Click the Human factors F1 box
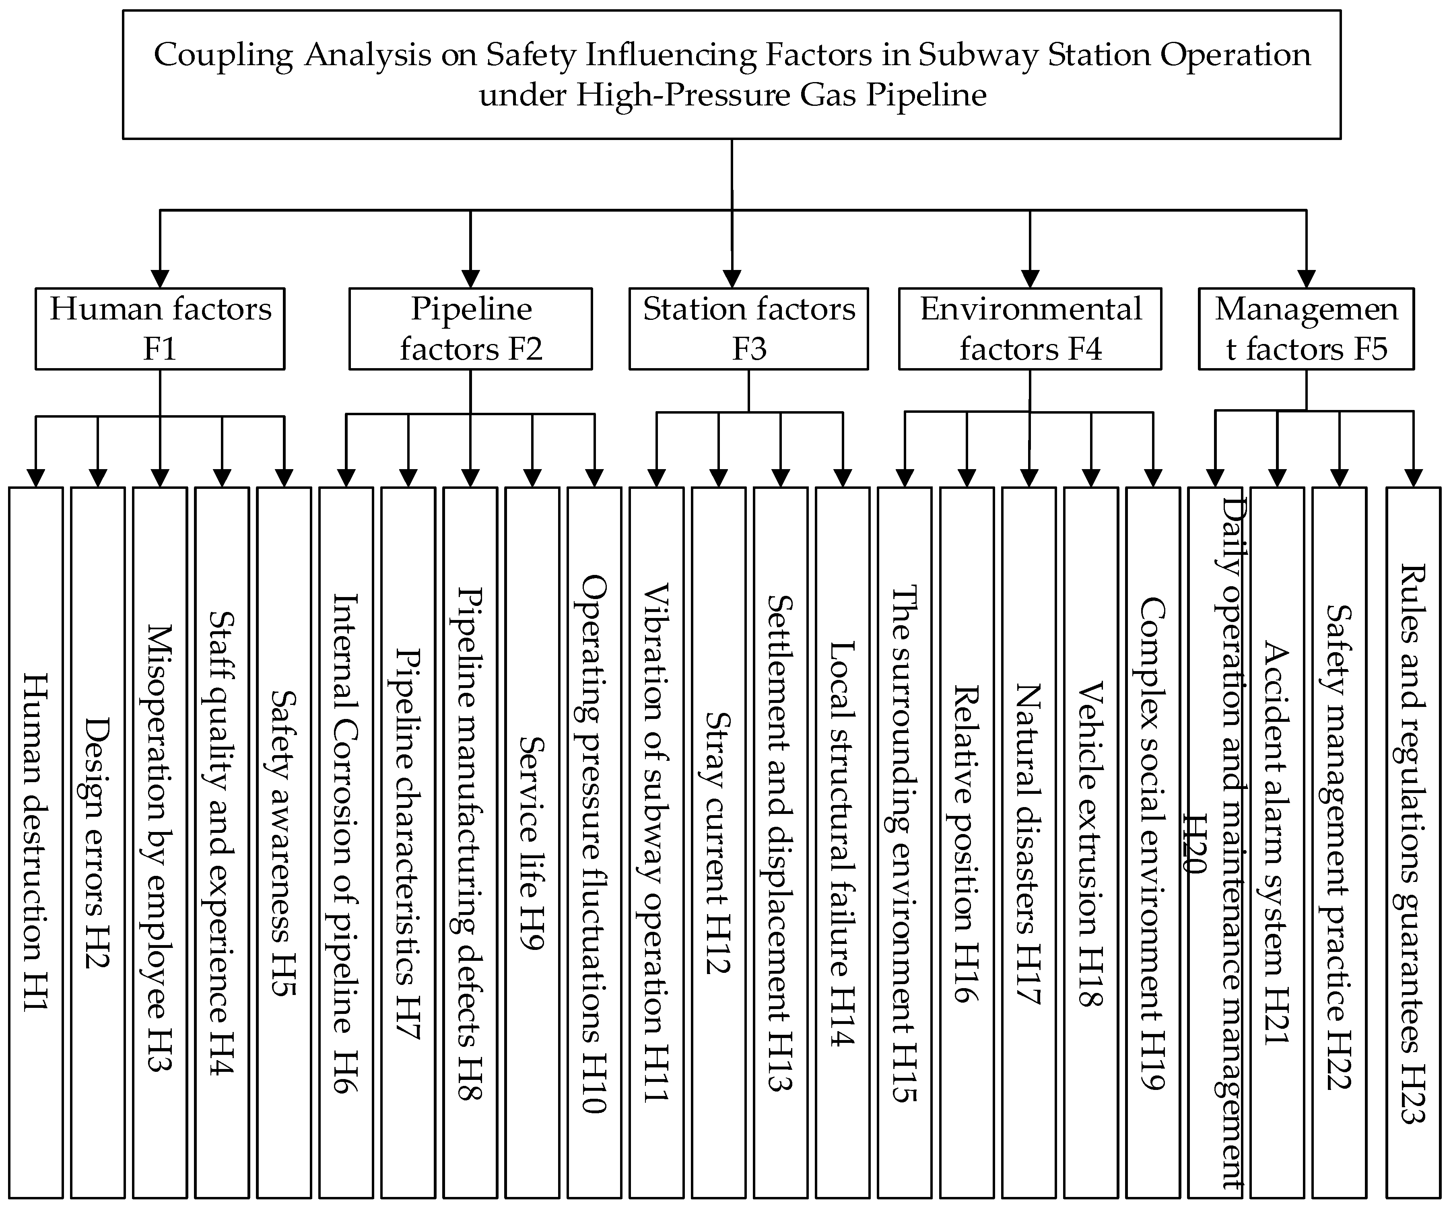(160, 329)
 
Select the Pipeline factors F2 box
(470, 329)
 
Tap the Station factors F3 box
(748, 329)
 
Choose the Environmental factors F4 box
(1030, 329)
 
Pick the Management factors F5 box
(1306, 329)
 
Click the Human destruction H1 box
(36, 843)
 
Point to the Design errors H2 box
(97, 843)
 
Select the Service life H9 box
(532, 843)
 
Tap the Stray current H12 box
(719, 843)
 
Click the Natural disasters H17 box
(1029, 843)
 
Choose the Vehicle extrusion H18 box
(1091, 843)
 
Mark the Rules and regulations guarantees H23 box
(1414, 843)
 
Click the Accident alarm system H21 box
(1277, 843)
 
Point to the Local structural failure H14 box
(842, 843)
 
